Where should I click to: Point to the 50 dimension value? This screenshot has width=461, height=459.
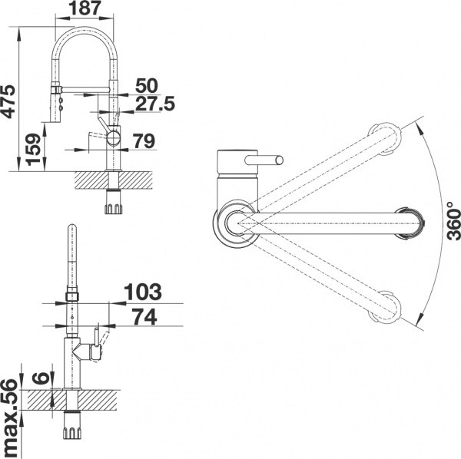[x=146, y=84]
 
